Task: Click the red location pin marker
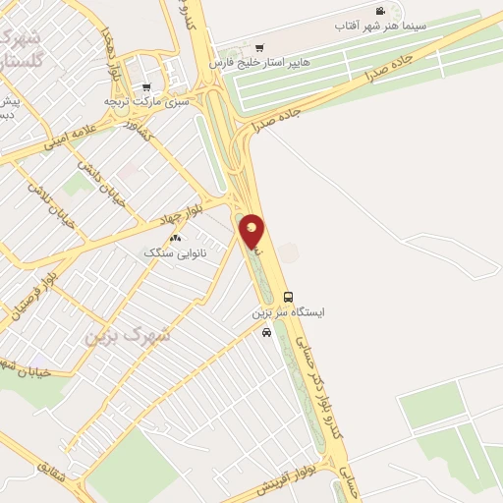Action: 252,232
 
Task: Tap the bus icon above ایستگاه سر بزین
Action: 288,297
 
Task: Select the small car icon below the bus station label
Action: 266,332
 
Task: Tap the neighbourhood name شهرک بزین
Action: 127,334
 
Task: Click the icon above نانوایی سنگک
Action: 175,238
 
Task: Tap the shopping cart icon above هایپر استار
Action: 259,46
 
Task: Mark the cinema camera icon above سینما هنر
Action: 379,11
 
